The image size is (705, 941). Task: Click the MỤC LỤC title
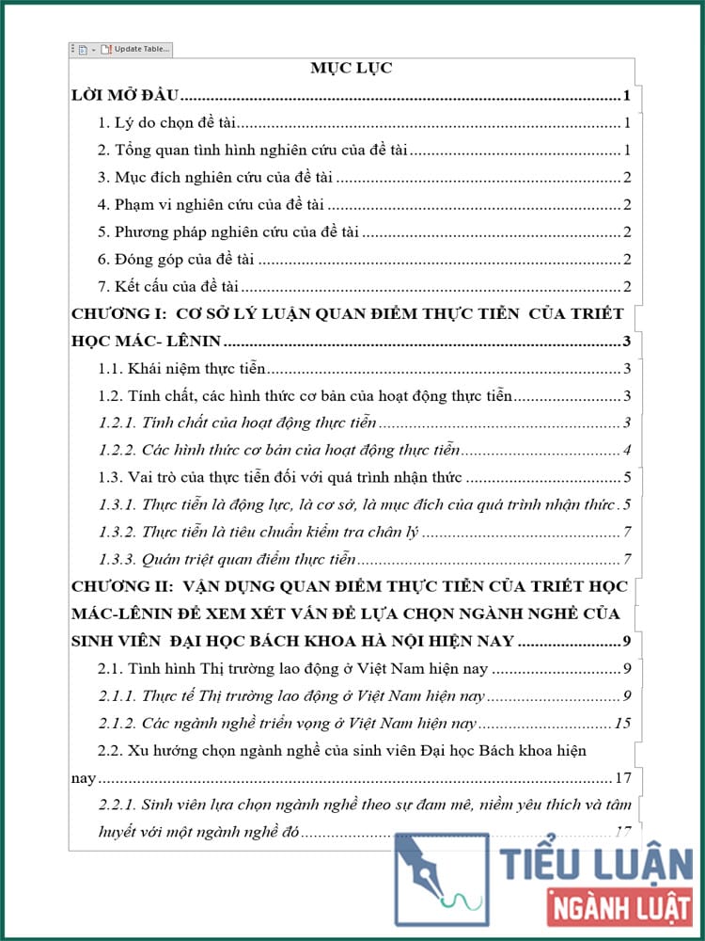coord(352,68)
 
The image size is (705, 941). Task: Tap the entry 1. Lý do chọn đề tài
coord(169,123)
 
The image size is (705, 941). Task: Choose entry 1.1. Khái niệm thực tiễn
coord(182,369)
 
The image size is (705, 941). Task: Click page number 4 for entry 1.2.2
coord(626,450)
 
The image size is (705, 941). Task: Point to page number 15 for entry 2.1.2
coord(621,724)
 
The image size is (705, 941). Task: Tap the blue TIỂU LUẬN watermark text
coord(596,864)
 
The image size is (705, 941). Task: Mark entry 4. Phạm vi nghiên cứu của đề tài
coord(211,205)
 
